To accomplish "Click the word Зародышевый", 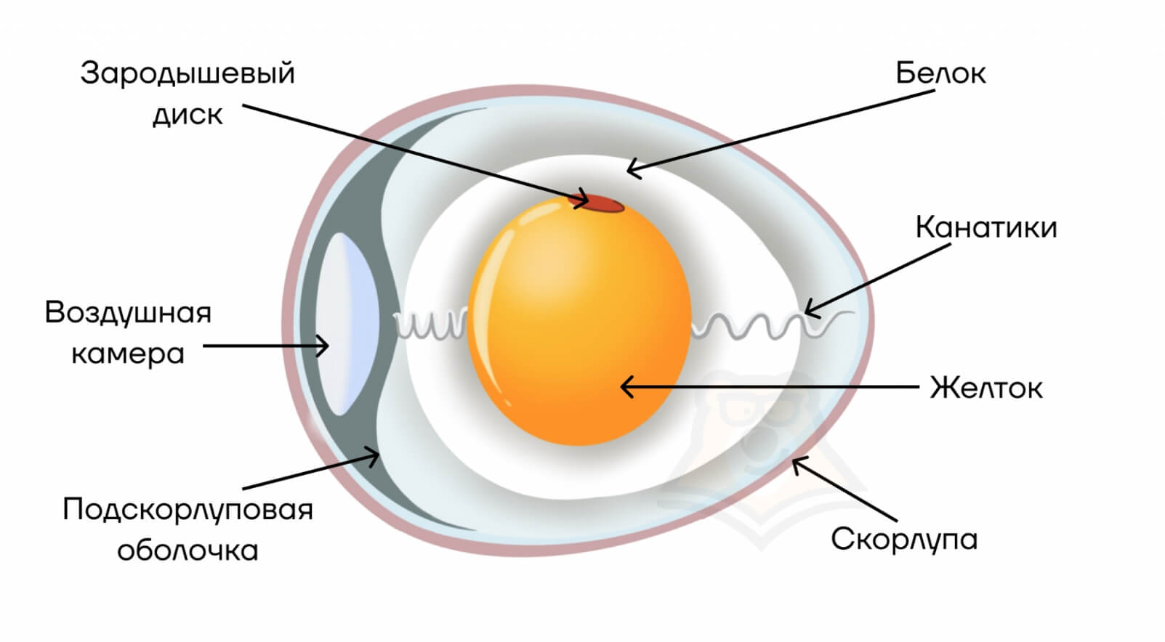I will pyautogui.click(x=188, y=74).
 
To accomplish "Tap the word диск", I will pyautogui.click(x=188, y=115).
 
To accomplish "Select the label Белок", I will pyautogui.click(x=940, y=73).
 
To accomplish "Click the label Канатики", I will pyautogui.click(x=985, y=227).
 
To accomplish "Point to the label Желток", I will pyautogui.click(x=985, y=388).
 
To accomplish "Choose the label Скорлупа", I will pyautogui.click(x=903, y=539).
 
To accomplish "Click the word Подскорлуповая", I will pyautogui.click(x=188, y=510).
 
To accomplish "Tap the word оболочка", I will pyautogui.click(x=188, y=550).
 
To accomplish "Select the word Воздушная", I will pyautogui.click(x=128, y=313).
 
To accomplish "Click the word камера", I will pyautogui.click(x=128, y=354).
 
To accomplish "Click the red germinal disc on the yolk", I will pyautogui.click(x=601, y=204).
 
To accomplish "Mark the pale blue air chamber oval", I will pyautogui.click(x=346, y=323).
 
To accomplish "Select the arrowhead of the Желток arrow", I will pyautogui.click(x=624, y=387).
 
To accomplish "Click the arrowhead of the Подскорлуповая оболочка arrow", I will pyautogui.click(x=376, y=456).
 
